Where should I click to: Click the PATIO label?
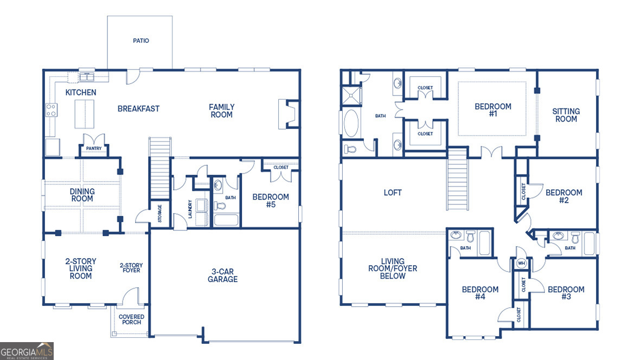[x=140, y=41]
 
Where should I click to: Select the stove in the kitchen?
[x=52, y=110]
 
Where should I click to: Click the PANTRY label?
[x=94, y=148]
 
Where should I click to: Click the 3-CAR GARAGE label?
[x=222, y=275]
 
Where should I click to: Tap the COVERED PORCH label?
[x=131, y=319]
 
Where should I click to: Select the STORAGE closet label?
[x=160, y=213]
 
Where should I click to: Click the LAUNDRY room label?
[x=190, y=209]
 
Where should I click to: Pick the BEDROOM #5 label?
[x=271, y=201]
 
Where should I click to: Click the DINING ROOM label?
[x=82, y=195]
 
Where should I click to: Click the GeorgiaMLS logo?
[x=27, y=351]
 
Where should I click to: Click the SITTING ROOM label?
[x=566, y=115]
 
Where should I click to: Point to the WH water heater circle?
[x=522, y=263]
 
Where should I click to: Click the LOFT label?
[x=393, y=192]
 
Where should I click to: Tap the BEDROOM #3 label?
[x=566, y=293]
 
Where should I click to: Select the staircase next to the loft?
[x=457, y=179]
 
